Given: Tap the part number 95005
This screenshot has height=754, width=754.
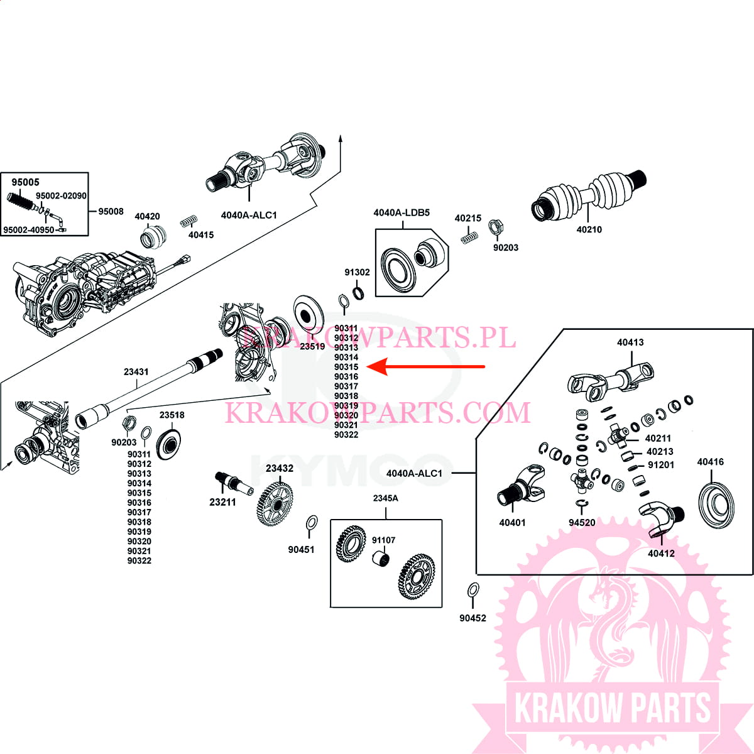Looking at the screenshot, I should [x=25, y=182].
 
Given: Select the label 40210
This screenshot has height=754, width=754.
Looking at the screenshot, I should [x=589, y=230].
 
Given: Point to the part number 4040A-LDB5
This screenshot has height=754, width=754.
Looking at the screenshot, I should [x=402, y=213].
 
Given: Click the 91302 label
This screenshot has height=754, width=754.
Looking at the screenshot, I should [x=357, y=272].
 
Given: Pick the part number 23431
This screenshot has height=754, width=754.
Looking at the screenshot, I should [x=136, y=372].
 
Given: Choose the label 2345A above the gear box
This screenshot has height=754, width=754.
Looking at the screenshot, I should [x=385, y=498].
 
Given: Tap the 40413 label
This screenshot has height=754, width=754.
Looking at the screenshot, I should [x=630, y=342].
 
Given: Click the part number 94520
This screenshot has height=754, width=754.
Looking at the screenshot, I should [x=582, y=523].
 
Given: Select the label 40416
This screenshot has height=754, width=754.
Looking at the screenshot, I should [x=710, y=462].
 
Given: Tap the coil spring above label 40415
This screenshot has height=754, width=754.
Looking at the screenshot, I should [x=188, y=221].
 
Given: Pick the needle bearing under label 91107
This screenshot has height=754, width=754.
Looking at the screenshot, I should [x=381, y=557].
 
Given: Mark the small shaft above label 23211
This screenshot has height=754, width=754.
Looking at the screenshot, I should [x=233, y=483].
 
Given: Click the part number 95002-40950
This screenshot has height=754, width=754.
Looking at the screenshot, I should [x=28, y=230].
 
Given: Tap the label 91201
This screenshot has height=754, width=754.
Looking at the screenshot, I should [x=660, y=465].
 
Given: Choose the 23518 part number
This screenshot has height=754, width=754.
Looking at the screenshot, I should [x=172, y=415].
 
